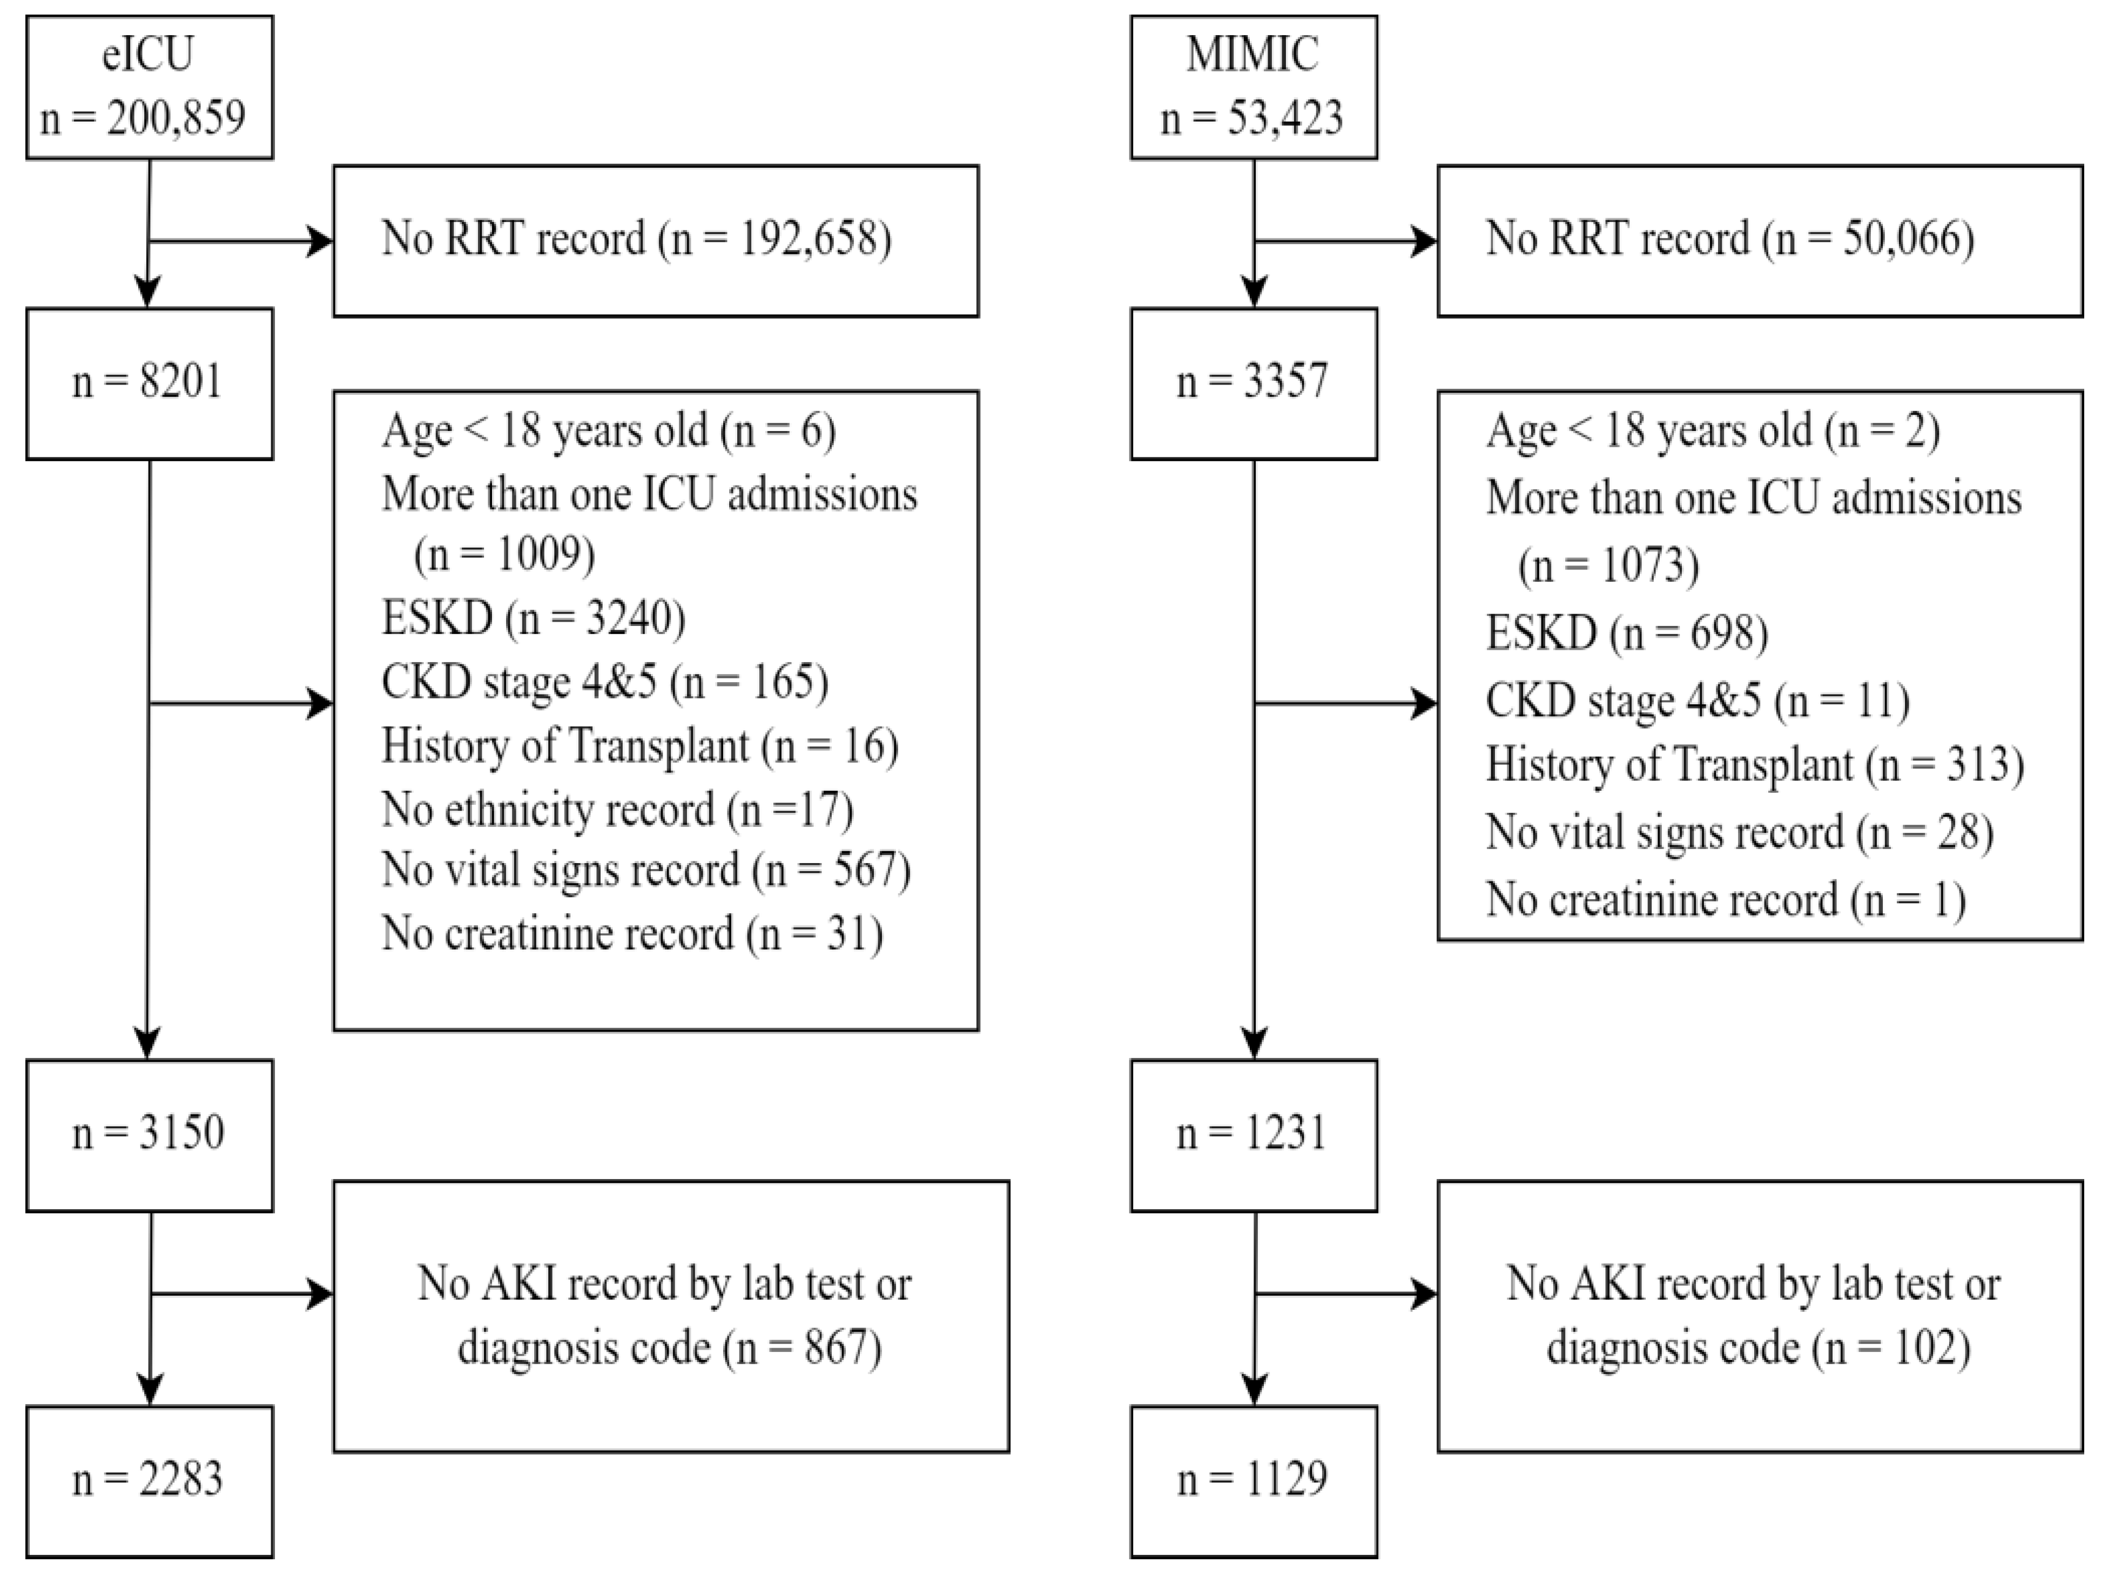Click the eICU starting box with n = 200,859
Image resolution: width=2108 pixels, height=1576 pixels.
coord(150,87)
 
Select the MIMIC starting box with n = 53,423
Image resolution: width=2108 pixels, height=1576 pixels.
coord(1252,87)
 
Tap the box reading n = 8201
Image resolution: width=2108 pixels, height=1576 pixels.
coord(150,383)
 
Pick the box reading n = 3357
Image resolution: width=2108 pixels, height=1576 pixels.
coord(1252,383)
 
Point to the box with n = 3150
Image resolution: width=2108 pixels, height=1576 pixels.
coord(150,1134)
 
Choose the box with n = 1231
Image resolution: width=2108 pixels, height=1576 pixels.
coord(1252,1134)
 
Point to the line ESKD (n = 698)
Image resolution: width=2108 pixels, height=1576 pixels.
coord(1627,632)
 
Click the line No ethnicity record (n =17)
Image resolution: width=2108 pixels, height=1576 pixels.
coord(617,810)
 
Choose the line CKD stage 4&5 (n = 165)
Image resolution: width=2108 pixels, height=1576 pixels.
coord(604,682)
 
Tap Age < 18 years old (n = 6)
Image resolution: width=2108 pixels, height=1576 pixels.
coord(608,430)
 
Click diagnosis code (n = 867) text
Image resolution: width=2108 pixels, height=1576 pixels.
coord(669,1348)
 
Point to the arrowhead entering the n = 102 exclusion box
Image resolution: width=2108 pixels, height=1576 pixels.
coord(1425,1294)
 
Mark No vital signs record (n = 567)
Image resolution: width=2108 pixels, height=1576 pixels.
coord(645,870)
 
